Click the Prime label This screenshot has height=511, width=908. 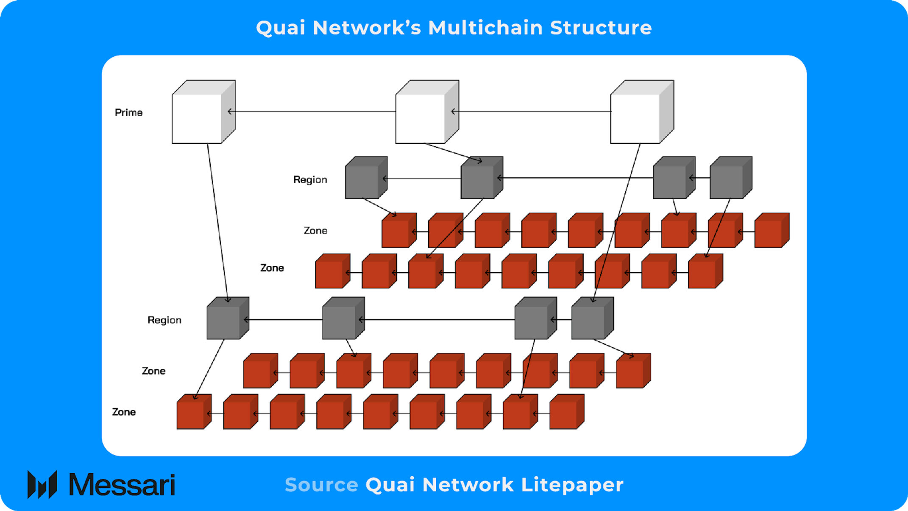pos(128,112)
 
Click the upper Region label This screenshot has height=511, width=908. pos(310,180)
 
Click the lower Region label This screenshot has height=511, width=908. pos(164,320)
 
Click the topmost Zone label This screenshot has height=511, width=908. pos(315,231)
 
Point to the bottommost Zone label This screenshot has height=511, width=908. pos(124,412)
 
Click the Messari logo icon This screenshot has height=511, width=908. pos(42,484)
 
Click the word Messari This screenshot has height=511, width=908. pos(122,485)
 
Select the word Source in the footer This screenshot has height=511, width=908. pos(321,485)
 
